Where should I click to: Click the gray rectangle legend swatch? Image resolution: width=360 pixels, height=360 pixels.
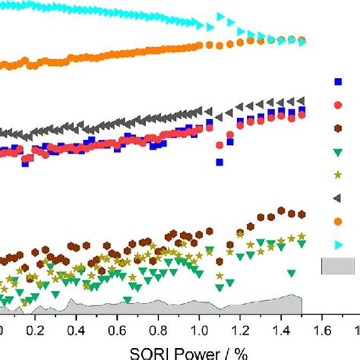(x=338, y=266)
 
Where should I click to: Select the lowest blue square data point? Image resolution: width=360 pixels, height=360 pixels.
(x=219, y=162)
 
